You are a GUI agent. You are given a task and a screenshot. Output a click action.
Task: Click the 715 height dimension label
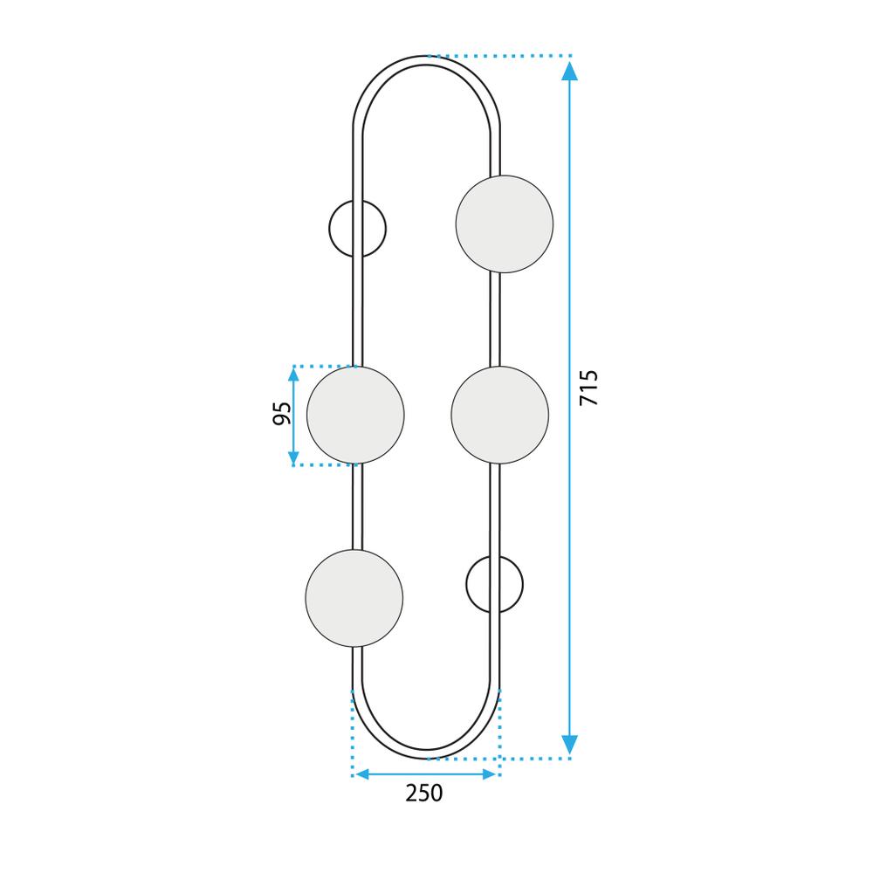(x=590, y=388)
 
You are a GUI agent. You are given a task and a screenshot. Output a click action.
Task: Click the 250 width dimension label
(x=424, y=794)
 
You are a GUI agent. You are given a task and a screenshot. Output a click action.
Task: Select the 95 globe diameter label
(x=282, y=414)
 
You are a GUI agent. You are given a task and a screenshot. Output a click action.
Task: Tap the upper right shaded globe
(x=505, y=223)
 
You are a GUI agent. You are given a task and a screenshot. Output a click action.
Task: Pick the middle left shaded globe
(x=355, y=415)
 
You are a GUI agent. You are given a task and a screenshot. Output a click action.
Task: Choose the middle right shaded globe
(x=500, y=415)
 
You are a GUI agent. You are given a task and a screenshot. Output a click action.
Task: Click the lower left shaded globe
(x=354, y=598)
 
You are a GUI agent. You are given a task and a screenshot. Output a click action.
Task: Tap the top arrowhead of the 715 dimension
(x=570, y=70)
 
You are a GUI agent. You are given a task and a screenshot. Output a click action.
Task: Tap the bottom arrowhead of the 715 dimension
(x=570, y=745)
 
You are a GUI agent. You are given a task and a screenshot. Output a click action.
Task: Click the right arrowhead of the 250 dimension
(x=490, y=774)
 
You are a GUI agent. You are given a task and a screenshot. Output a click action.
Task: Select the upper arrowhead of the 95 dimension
(x=294, y=375)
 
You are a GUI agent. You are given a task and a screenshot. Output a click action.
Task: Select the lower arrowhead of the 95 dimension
(x=294, y=457)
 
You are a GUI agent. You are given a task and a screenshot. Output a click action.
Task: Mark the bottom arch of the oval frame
(x=427, y=753)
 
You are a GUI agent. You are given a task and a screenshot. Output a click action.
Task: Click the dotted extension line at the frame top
(x=498, y=56)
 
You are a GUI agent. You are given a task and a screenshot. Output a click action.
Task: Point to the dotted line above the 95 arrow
(x=323, y=366)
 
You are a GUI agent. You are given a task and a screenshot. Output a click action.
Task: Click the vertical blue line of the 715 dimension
(x=570, y=262)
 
